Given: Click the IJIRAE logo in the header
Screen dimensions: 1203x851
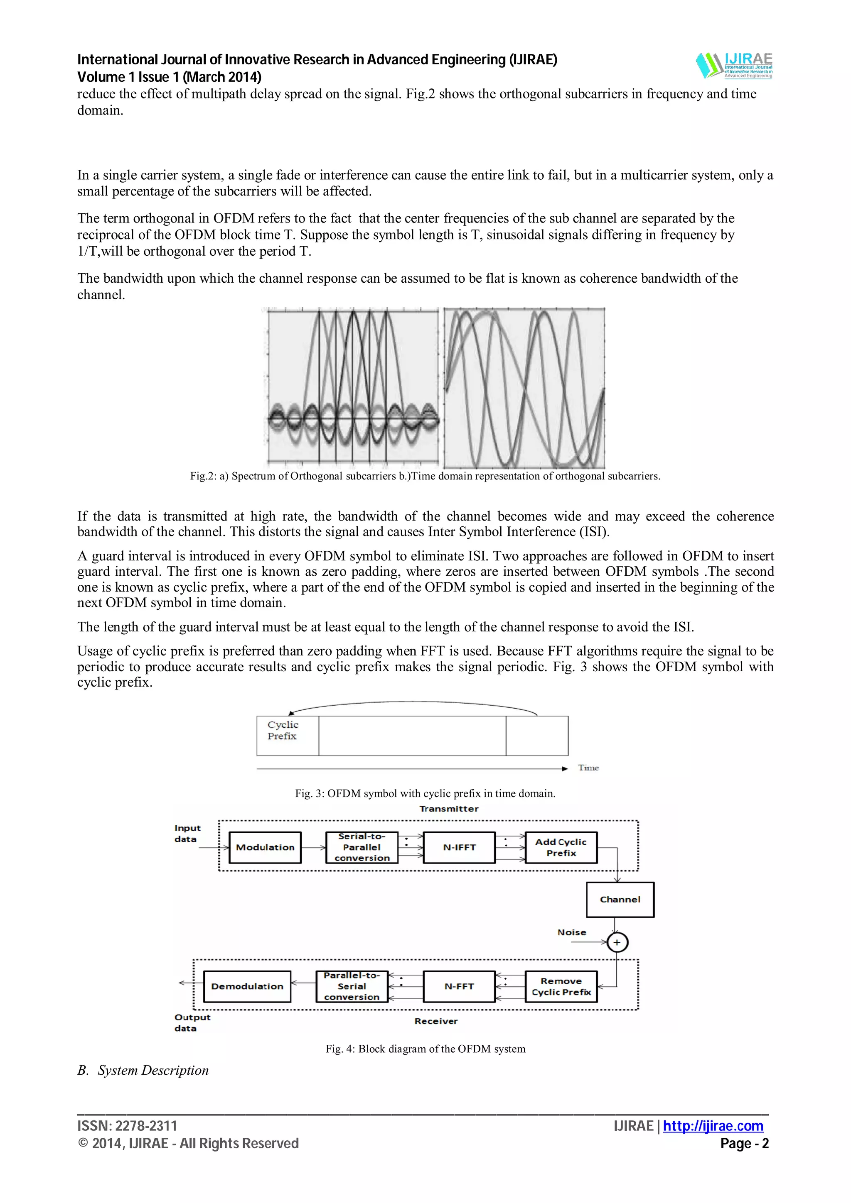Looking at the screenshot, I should [734, 66].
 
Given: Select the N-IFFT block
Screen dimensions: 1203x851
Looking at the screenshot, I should [459, 847].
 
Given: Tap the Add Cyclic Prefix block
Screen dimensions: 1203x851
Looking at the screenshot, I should [561, 847].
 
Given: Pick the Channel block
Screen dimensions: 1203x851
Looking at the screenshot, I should [620, 899].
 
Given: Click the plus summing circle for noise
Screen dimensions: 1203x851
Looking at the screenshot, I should [617, 942].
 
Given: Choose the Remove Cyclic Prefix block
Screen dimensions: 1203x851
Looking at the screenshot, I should [561, 986].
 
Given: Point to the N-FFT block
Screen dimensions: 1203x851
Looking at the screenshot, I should [459, 986].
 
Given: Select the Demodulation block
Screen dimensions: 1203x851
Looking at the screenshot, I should [247, 986].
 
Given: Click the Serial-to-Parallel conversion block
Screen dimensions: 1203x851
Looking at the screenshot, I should [362, 847].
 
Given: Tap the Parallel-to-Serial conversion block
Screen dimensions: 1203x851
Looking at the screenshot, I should [352, 986].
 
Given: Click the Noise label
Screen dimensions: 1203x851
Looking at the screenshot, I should [571, 932].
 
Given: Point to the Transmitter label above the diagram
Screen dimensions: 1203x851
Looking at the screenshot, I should [449, 809].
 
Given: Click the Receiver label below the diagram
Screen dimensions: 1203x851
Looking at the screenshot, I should [436, 1021].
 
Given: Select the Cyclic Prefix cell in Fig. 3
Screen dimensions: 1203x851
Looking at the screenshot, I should [287, 735].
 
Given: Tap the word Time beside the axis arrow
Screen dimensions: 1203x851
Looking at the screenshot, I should [588, 768].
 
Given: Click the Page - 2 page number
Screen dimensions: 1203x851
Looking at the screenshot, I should [744, 1143].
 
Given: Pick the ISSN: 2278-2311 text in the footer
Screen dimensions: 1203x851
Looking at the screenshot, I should [128, 1125].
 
